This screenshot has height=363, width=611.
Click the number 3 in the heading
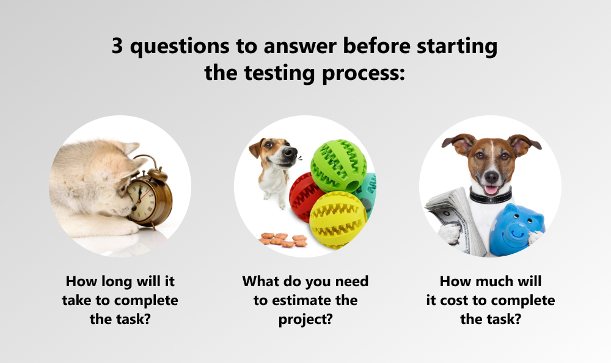point(117,46)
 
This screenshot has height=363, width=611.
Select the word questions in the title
point(180,47)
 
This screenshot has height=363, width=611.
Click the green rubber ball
point(338,165)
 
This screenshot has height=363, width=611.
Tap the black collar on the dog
point(490,196)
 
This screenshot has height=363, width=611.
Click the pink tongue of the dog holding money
point(491,190)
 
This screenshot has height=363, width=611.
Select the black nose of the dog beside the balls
point(289,152)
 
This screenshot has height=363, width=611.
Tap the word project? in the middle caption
point(305,320)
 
